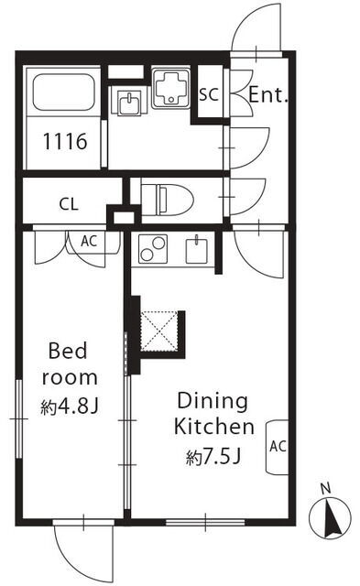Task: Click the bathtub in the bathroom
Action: (x=63, y=92)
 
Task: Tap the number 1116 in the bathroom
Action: (x=65, y=141)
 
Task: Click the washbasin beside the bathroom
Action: (x=129, y=103)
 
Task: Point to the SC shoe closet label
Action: (x=208, y=94)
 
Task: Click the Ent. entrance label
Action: (x=268, y=95)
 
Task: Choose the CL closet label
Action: (x=69, y=204)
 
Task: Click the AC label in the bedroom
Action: (x=89, y=241)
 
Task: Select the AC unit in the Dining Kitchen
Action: (x=277, y=447)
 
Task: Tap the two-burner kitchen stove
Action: (x=153, y=248)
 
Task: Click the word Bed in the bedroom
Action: (x=68, y=351)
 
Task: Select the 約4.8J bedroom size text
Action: (x=70, y=407)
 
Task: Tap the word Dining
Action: (x=213, y=402)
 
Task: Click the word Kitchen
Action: (x=214, y=427)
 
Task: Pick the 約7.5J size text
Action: (x=213, y=456)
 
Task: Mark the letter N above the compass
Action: (x=326, y=488)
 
